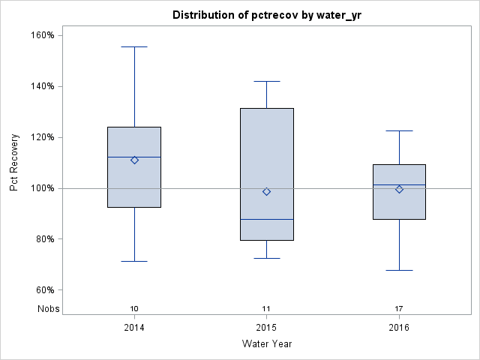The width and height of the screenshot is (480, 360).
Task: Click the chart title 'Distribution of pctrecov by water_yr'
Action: [266, 15]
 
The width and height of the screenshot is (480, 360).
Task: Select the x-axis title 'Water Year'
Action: [266, 343]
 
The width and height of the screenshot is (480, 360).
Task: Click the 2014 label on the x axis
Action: [134, 328]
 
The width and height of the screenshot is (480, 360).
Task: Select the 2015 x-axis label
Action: [266, 328]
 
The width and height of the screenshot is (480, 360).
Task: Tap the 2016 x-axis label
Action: [399, 328]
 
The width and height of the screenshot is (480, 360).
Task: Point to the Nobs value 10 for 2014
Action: [134, 308]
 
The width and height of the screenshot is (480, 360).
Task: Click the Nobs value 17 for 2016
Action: [399, 308]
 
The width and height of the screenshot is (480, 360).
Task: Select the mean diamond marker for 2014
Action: [134, 160]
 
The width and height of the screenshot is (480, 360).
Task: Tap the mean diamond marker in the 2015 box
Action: [266, 191]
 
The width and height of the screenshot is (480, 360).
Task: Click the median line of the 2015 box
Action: [266, 219]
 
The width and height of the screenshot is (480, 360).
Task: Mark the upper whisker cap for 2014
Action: [134, 46]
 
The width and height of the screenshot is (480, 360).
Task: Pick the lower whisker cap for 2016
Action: [399, 270]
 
